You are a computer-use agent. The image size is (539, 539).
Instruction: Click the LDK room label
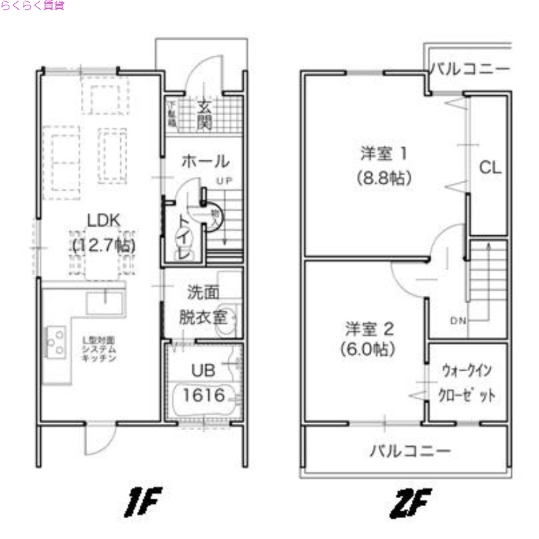click(102, 220)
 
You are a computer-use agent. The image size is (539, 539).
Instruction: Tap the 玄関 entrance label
click(205, 115)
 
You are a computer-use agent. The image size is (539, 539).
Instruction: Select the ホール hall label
click(205, 162)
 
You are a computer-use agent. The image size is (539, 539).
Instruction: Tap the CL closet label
click(490, 167)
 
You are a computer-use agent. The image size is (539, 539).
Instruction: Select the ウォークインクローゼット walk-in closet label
click(468, 383)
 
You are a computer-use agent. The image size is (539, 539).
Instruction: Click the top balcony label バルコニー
click(470, 69)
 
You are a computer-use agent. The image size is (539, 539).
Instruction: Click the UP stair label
click(224, 180)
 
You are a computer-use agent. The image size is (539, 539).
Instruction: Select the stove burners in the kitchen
click(54, 341)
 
